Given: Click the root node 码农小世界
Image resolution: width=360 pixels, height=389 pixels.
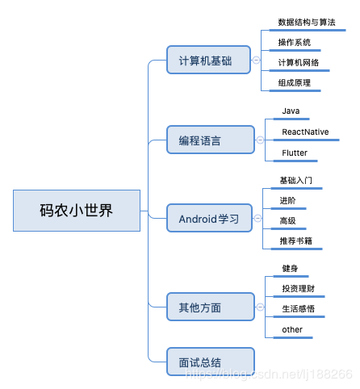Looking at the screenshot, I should click(x=77, y=211).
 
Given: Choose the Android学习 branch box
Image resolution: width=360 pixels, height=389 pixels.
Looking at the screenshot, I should click(x=210, y=219).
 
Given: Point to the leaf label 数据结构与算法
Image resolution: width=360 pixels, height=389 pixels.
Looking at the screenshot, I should click(x=306, y=23).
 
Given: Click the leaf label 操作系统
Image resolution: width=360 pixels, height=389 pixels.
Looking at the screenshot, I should click(x=295, y=42).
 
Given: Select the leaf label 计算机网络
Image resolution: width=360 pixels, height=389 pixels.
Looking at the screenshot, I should click(x=299, y=63).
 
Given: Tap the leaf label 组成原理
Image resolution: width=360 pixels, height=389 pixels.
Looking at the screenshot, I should click(x=295, y=83).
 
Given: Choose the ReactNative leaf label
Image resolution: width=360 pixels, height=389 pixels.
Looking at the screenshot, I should click(x=305, y=132).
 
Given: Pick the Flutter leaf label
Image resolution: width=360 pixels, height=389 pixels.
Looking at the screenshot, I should click(x=295, y=153).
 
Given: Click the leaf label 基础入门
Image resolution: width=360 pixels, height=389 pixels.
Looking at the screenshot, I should click(x=295, y=180).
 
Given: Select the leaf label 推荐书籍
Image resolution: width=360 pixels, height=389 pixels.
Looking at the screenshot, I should click(x=295, y=241).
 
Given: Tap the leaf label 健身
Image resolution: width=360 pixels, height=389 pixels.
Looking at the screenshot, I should click(x=291, y=268).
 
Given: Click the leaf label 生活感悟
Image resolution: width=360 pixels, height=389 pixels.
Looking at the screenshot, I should click(x=298, y=309).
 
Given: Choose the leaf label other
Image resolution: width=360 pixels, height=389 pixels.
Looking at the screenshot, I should click(x=292, y=329).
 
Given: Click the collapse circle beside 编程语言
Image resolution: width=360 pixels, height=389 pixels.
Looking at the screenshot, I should click(x=260, y=140).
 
